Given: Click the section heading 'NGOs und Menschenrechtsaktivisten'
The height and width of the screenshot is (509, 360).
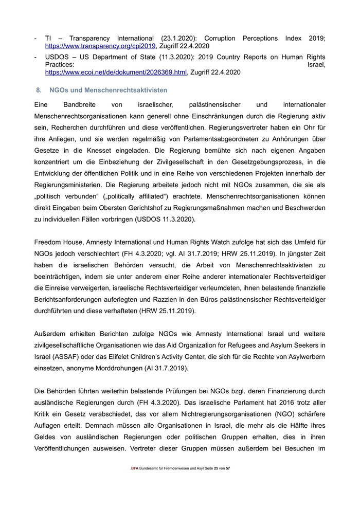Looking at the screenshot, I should tap(109, 90).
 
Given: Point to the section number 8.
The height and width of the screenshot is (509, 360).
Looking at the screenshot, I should tap(39, 90).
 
